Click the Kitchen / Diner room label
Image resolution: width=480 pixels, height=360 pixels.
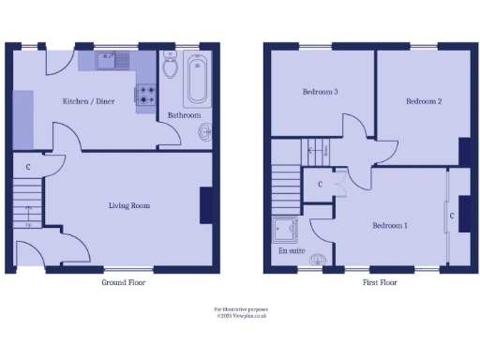click(x=88, y=101)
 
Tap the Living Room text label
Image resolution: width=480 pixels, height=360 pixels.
click(x=128, y=205)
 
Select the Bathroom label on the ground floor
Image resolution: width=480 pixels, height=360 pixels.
click(x=184, y=115)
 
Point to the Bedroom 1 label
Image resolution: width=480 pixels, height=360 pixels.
click(x=390, y=225)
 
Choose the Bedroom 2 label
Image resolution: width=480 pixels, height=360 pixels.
click(x=424, y=100)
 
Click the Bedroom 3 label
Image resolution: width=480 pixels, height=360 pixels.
click(x=320, y=92)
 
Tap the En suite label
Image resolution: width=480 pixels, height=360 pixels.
click(x=291, y=251)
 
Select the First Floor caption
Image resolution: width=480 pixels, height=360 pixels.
click(x=375, y=282)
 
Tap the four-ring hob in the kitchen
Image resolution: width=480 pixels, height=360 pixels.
click(x=147, y=94)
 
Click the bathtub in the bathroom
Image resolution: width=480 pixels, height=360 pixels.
click(x=199, y=79)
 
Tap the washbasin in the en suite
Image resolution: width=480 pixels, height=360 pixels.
click(x=319, y=259)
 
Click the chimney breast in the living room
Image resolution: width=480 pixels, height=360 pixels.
click(x=205, y=205)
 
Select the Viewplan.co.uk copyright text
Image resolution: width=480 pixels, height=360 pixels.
click(x=241, y=315)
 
